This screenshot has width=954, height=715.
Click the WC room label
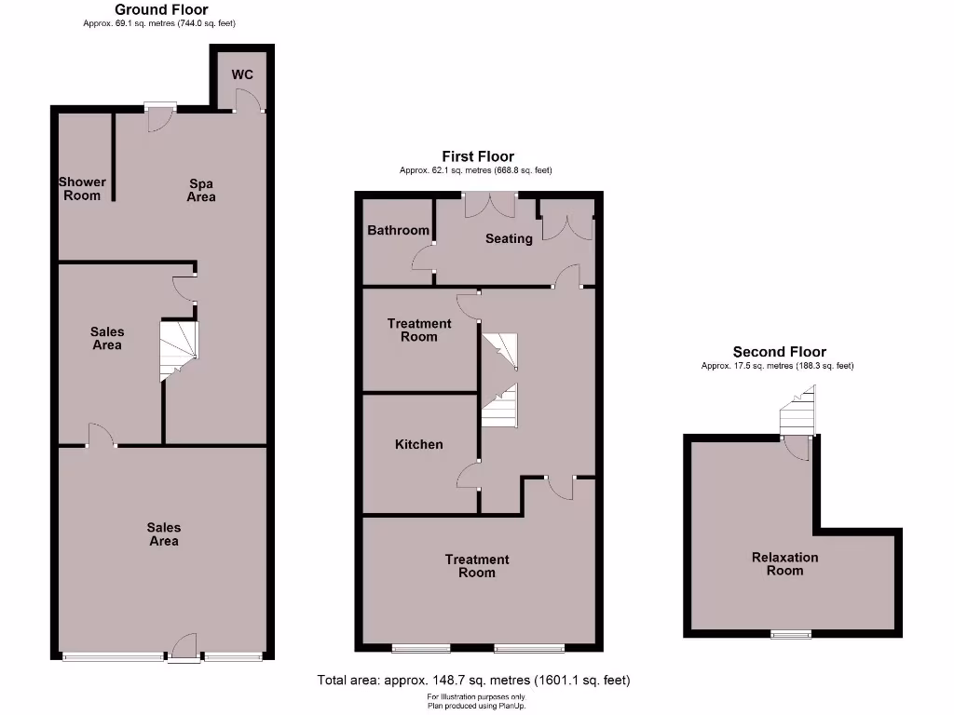[x=242, y=74]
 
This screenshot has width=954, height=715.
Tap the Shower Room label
[x=82, y=189]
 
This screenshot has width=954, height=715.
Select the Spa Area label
[x=201, y=190]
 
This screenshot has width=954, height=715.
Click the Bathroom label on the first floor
[x=398, y=230]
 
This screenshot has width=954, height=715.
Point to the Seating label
[x=509, y=238]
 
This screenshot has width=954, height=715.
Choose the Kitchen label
[x=419, y=444]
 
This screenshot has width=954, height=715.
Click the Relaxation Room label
[x=784, y=564]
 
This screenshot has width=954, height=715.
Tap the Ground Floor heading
[x=161, y=9]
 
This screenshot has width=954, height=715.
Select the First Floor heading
[x=477, y=156]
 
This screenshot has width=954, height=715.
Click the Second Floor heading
[x=779, y=352]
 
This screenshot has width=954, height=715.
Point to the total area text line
[x=473, y=681]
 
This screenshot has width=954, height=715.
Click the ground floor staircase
[x=179, y=350]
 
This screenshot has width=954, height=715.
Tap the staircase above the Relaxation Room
[x=797, y=413]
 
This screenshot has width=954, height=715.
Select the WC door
[x=244, y=101]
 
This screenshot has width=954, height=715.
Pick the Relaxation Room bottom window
[x=790, y=635]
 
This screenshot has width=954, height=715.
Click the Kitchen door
[x=469, y=477]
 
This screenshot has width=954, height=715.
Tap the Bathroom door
[x=424, y=258]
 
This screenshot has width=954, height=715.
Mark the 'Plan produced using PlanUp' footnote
[x=476, y=705]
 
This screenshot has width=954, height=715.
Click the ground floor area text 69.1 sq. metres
[x=159, y=22]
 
